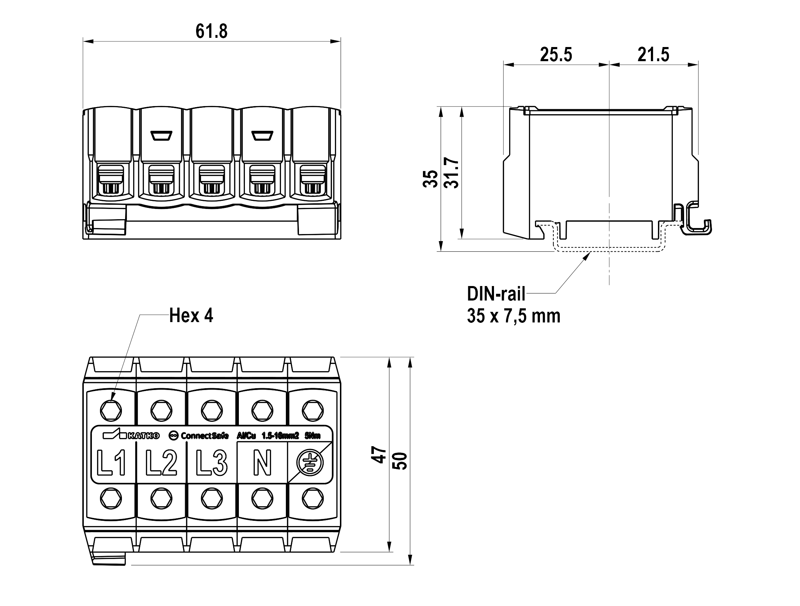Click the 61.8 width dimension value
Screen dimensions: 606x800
tap(212, 31)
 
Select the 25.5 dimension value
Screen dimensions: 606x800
tap(556, 55)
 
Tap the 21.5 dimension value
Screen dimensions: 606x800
tap(653, 55)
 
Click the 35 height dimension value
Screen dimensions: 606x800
tap(430, 179)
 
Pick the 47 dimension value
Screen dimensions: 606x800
tap(379, 455)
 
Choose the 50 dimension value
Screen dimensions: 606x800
tap(400, 461)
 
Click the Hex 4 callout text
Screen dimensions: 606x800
tap(191, 316)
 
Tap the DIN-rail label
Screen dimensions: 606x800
tap(496, 294)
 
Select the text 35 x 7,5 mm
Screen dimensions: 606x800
tap(513, 316)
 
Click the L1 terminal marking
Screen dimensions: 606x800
tap(112, 463)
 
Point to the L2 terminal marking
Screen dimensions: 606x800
tap(161, 463)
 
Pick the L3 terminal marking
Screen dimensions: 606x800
tap(212, 463)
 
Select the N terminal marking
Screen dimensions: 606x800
tap(262, 463)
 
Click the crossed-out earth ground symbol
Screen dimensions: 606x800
tap(310, 463)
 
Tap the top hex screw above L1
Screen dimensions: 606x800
tap(111, 410)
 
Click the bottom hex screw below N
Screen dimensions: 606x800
tap(262, 499)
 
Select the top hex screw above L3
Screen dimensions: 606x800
tap(212, 410)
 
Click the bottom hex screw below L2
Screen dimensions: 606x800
tap(161, 499)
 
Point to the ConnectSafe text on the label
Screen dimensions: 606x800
tap(204, 436)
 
